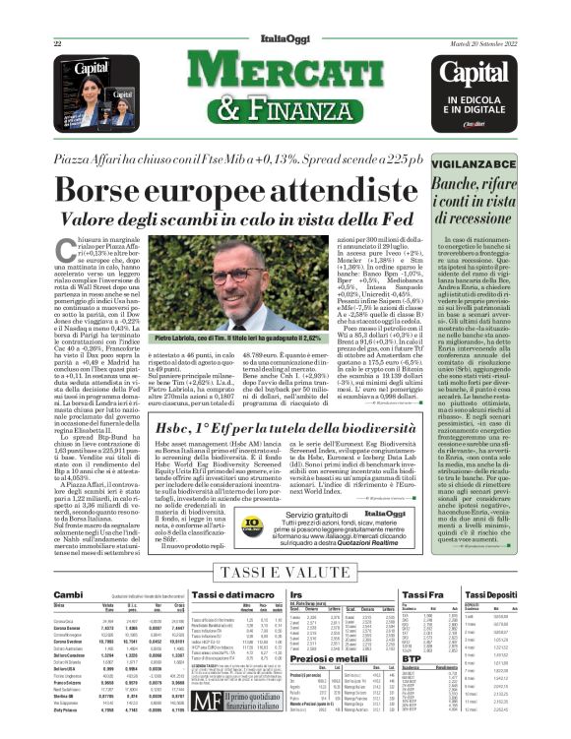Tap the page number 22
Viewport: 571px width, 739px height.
(x=58, y=45)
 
